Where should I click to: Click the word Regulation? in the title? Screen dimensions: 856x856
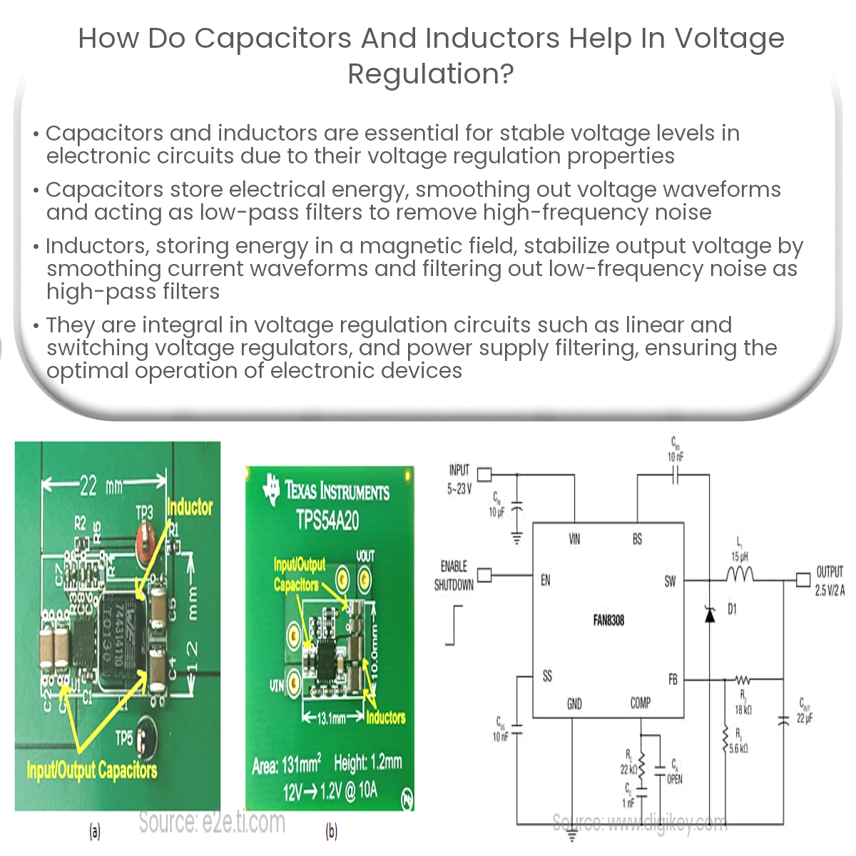click(x=431, y=74)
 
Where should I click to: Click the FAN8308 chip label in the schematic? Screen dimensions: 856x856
click(x=608, y=621)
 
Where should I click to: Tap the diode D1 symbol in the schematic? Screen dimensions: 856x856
click(x=710, y=614)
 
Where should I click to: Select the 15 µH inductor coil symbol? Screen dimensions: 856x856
click(x=739, y=574)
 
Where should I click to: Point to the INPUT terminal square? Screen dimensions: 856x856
click(x=484, y=474)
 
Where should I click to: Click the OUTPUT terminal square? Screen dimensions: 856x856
click(x=803, y=579)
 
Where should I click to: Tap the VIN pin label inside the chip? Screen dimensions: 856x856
click(x=574, y=539)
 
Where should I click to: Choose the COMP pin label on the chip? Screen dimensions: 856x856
click(x=640, y=703)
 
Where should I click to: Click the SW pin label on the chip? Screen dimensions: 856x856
click(x=670, y=581)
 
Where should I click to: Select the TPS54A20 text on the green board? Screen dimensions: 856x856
click(x=327, y=521)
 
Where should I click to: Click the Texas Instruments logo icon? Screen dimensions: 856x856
click(x=271, y=489)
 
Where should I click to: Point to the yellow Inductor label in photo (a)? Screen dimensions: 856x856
click(x=190, y=507)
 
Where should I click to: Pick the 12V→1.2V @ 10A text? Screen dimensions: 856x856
click(x=330, y=791)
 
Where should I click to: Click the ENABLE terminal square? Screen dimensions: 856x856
click(x=484, y=576)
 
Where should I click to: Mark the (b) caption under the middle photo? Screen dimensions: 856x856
click(x=331, y=831)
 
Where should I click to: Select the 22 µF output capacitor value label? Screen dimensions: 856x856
click(x=804, y=718)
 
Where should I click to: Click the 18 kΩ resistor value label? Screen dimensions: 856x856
click(x=743, y=710)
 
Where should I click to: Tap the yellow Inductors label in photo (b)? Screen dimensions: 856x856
click(x=385, y=718)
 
